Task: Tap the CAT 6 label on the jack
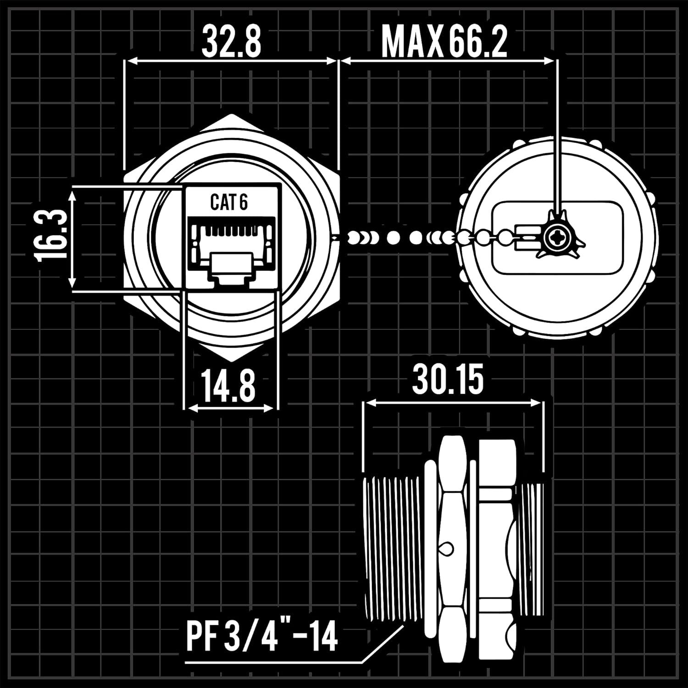coord(229,202)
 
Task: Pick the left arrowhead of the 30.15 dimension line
coord(368,403)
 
